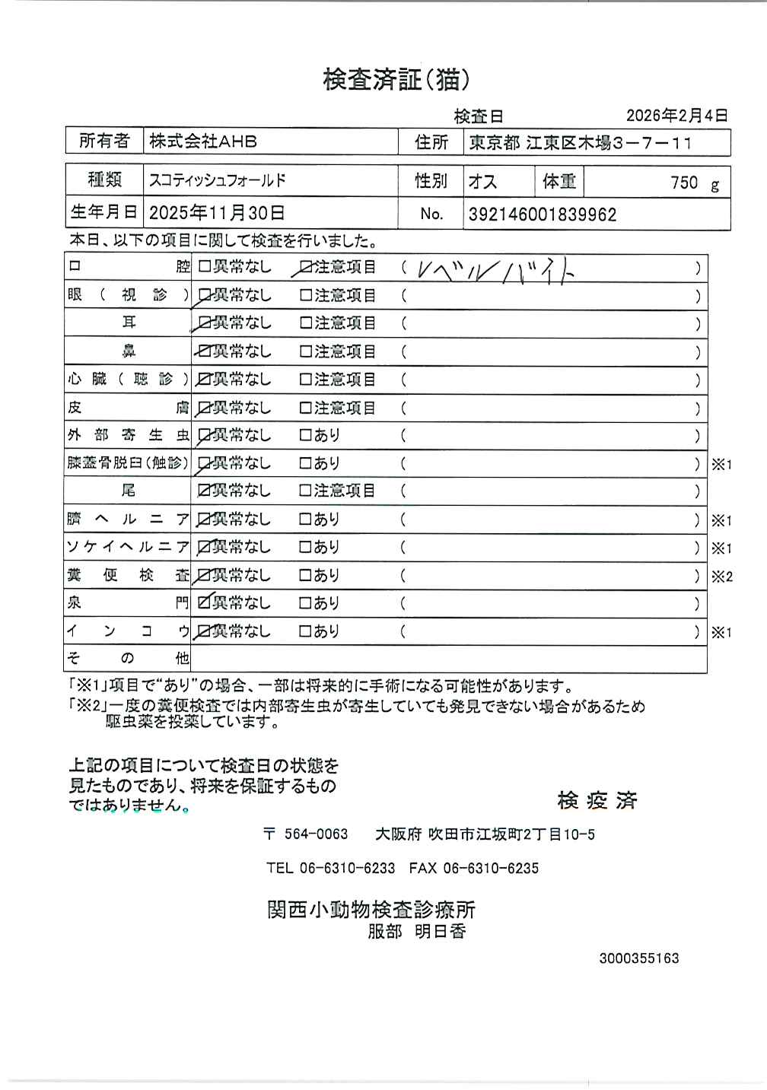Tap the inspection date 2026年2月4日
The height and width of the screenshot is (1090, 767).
coord(676,116)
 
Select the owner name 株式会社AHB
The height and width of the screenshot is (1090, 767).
coord(203,141)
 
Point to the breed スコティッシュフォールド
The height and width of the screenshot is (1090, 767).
coord(218,181)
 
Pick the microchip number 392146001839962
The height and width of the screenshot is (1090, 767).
coord(542,215)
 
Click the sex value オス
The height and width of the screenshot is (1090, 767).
coord(483,182)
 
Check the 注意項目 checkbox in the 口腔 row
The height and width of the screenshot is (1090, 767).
coord(307,268)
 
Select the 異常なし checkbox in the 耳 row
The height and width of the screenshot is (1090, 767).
coord(205,323)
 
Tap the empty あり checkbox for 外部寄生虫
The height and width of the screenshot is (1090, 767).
coord(306,436)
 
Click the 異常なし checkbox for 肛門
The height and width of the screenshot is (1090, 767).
coord(204,603)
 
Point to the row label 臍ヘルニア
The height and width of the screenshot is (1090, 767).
coord(128,520)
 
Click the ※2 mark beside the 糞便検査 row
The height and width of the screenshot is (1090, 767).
coord(721,576)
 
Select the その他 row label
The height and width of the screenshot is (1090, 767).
coord(128,659)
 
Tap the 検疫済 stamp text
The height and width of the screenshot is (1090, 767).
coord(597,800)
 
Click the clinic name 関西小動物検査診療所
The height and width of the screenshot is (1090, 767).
coord(371,910)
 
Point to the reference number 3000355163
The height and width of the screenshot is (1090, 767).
coord(638,958)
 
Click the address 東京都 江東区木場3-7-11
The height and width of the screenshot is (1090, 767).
coord(580,142)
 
